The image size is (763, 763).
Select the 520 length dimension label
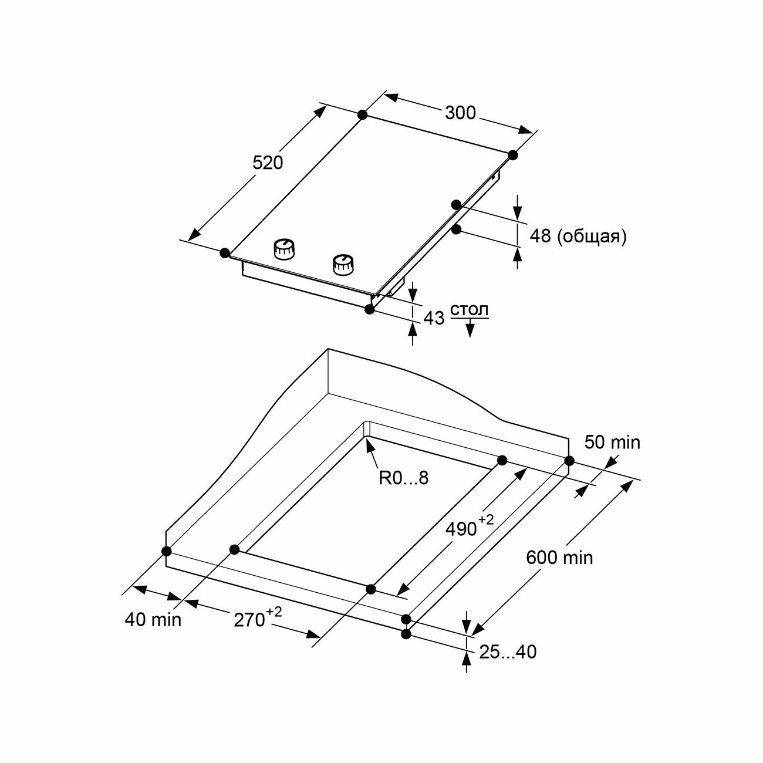[268, 163]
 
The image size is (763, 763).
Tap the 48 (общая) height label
[578, 236]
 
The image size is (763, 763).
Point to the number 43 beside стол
[434, 318]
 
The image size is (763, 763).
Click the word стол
[469, 310]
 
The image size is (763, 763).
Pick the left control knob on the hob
[284, 249]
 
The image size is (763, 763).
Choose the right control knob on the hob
[342, 265]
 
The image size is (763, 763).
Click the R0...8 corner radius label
[404, 478]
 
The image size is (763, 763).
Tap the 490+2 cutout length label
[466, 526]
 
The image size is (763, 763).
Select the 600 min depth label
[559, 557]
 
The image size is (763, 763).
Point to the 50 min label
[612, 442]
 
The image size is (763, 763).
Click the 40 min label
[153, 619]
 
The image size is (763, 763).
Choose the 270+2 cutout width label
[256, 618]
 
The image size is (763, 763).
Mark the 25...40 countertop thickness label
[508, 651]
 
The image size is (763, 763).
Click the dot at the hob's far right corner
[513, 155]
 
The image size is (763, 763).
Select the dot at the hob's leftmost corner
[225, 253]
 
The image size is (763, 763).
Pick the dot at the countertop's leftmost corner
[166, 551]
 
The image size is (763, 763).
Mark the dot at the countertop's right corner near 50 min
[569, 461]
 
